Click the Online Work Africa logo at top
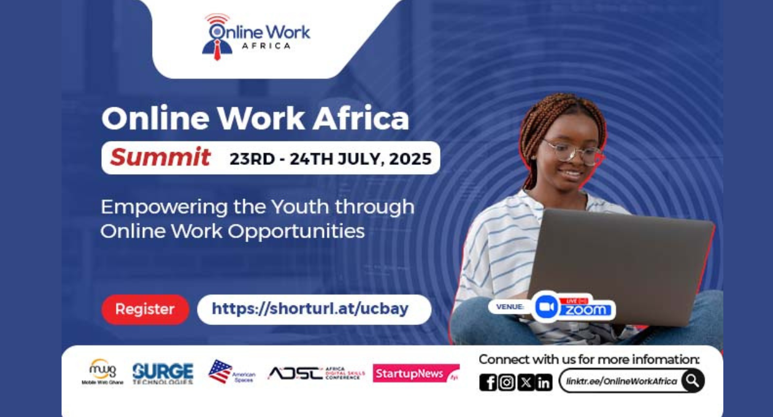pyautogui.click(x=256, y=37)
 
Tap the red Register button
pyautogui.click(x=145, y=309)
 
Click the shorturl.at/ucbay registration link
pyautogui.click(x=310, y=309)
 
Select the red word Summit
pyautogui.click(x=160, y=158)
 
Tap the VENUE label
pyautogui.click(x=510, y=307)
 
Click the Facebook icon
pyautogui.click(x=488, y=382)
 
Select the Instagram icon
pyautogui.click(x=506, y=382)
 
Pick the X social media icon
pyautogui.click(x=525, y=382)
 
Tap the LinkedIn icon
pyautogui.click(x=544, y=382)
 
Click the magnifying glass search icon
pyautogui.click(x=693, y=380)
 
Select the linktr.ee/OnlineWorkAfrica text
pyautogui.click(x=621, y=381)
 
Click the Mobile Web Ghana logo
pyautogui.click(x=102, y=372)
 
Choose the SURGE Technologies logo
pyautogui.click(x=163, y=373)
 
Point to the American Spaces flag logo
pyautogui.click(x=231, y=372)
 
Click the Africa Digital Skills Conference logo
pyautogui.click(x=316, y=373)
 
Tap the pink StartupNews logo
pyautogui.click(x=415, y=373)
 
